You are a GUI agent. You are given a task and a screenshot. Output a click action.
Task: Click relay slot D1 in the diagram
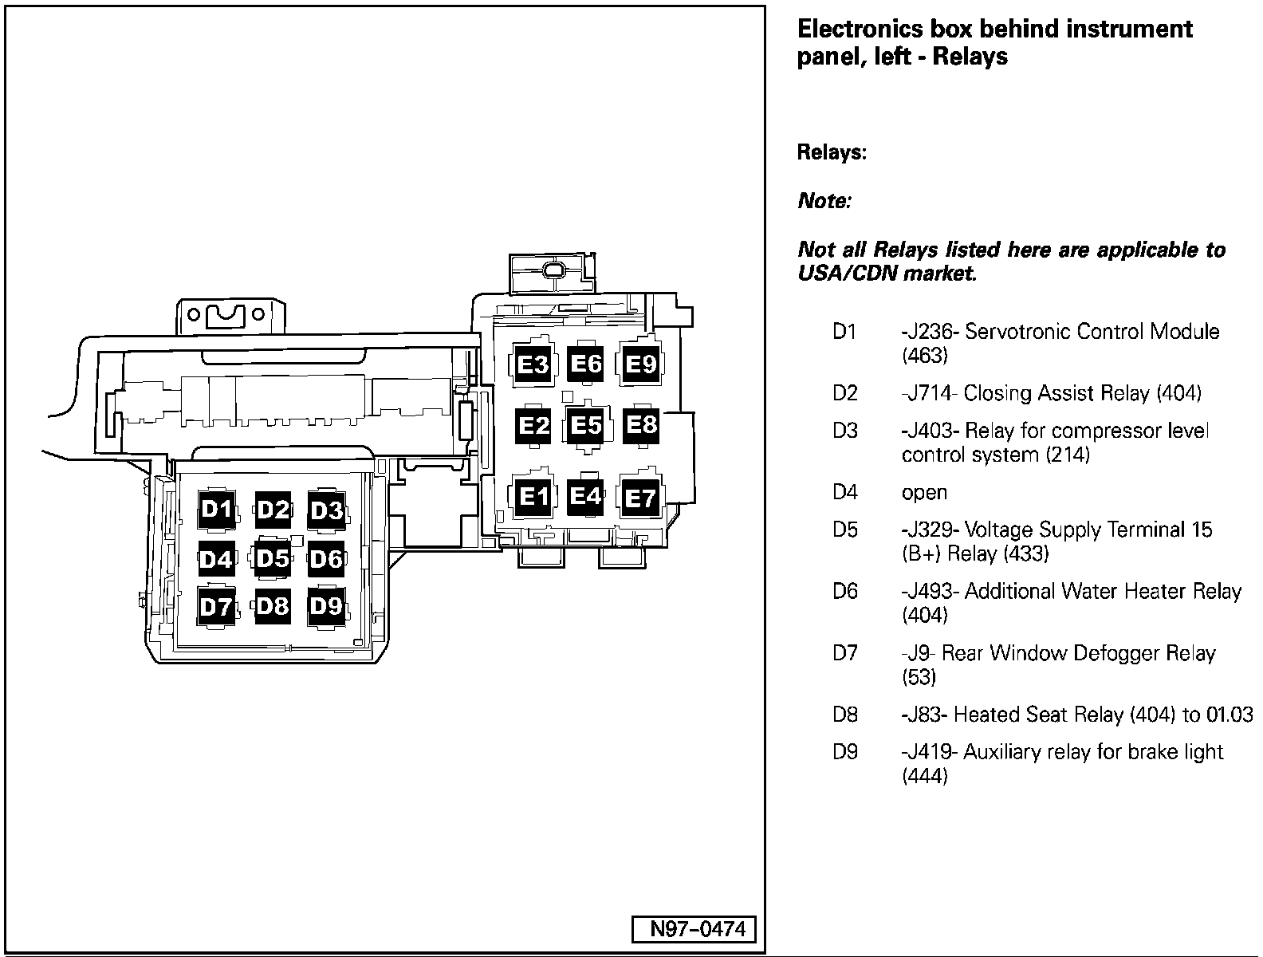pyautogui.click(x=216, y=510)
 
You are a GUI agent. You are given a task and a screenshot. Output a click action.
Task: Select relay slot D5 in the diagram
pyautogui.click(x=272, y=558)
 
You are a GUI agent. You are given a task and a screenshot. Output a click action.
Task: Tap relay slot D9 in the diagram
pyautogui.click(x=326, y=607)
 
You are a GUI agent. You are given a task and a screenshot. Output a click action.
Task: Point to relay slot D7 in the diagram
pyautogui.click(x=216, y=608)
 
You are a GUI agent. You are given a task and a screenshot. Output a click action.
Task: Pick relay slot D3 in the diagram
pyautogui.click(x=326, y=510)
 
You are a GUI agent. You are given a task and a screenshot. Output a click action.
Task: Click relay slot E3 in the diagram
pyautogui.click(x=533, y=364)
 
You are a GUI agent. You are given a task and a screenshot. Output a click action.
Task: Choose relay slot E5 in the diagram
pyautogui.click(x=586, y=425)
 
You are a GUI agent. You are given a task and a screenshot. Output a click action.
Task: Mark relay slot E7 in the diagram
pyautogui.click(x=640, y=498)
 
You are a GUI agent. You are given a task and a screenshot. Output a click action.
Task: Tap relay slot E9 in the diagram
pyautogui.click(x=640, y=364)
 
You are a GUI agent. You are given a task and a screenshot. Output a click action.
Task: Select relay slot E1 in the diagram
pyautogui.click(x=533, y=497)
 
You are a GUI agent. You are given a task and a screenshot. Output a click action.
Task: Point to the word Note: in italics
pyautogui.click(x=824, y=201)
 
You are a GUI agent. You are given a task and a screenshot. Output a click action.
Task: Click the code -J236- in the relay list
pyautogui.click(x=930, y=332)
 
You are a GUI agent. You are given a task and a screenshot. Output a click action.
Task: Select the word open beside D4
pyautogui.click(x=924, y=493)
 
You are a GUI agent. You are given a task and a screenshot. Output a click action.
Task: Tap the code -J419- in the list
pyautogui.click(x=930, y=752)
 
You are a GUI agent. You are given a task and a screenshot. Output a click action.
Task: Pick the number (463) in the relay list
pyautogui.click(x=925, y=356)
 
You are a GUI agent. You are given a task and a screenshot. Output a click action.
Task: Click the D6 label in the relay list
pyautogui.click(x=845, y=592)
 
